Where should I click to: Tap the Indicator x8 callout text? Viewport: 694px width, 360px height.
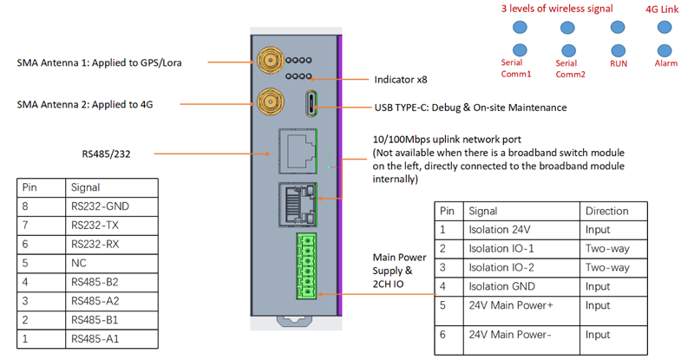[x=400, y=80]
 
